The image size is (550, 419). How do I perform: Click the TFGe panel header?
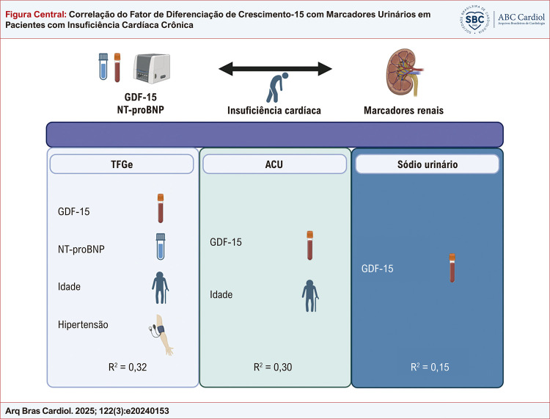(x=122, y=166)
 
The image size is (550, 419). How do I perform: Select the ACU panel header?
(x=274, y=166)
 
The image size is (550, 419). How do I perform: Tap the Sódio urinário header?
(x=427, y=166)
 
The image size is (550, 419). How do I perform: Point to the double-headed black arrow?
(x=274, y=70)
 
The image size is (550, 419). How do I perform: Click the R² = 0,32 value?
(x=122, y=367)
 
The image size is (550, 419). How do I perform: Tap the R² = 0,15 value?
(x=427, y=367)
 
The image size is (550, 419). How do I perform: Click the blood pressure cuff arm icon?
(x=158, y=335)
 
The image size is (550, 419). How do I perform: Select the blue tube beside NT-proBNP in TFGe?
(x=159, y=247)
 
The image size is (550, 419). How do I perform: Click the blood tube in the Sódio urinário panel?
(x=452, y=269)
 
